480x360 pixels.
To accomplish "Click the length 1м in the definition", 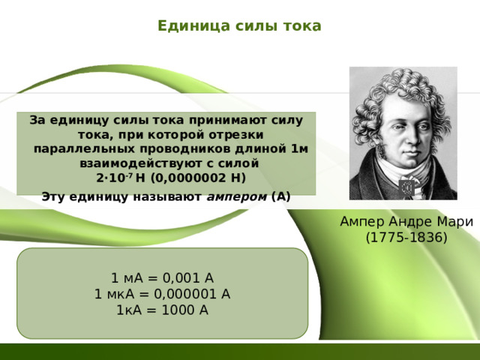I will point(298,148).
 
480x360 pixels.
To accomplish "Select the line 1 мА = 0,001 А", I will point(162,277).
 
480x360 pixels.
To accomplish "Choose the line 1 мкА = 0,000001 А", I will point(162,294).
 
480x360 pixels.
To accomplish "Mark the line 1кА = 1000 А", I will point(162,310).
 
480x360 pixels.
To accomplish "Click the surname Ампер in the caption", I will point(359,222).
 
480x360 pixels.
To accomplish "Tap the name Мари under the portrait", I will point(457,222).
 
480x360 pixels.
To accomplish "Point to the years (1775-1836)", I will point(406,238).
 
